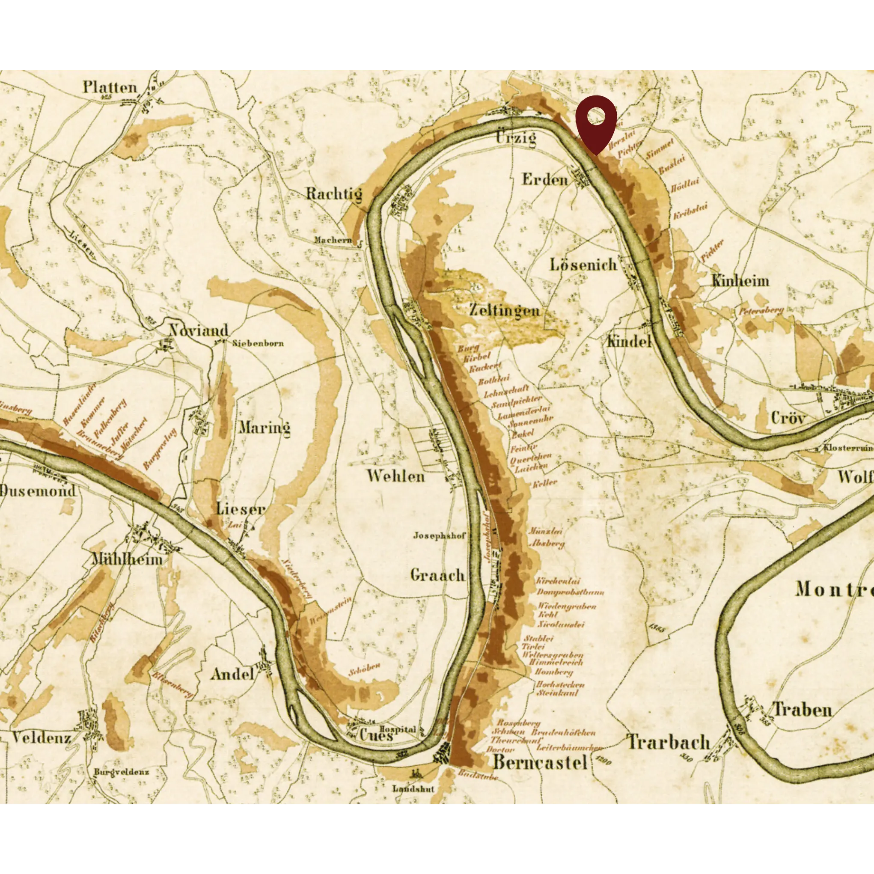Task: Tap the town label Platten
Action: point(110,87)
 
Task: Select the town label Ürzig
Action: point(516,137)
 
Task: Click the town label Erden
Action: point(545,180)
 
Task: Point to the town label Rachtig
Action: point(334,194)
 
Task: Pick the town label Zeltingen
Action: point(504,310)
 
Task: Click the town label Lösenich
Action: point(583,265)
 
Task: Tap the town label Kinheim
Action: point(740,281)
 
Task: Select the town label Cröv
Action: point(788,418)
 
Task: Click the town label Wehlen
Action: point(395,476)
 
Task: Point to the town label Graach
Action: point(437,575)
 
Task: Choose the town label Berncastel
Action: point(540,762)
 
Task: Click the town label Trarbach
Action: point(668,742)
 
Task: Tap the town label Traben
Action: point(802,709)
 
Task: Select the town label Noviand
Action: point(199,330)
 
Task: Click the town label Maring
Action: point(265,428)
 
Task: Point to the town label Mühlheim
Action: point(127,559)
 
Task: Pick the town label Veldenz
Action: point(41,738)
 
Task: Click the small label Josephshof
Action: point(439,535)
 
